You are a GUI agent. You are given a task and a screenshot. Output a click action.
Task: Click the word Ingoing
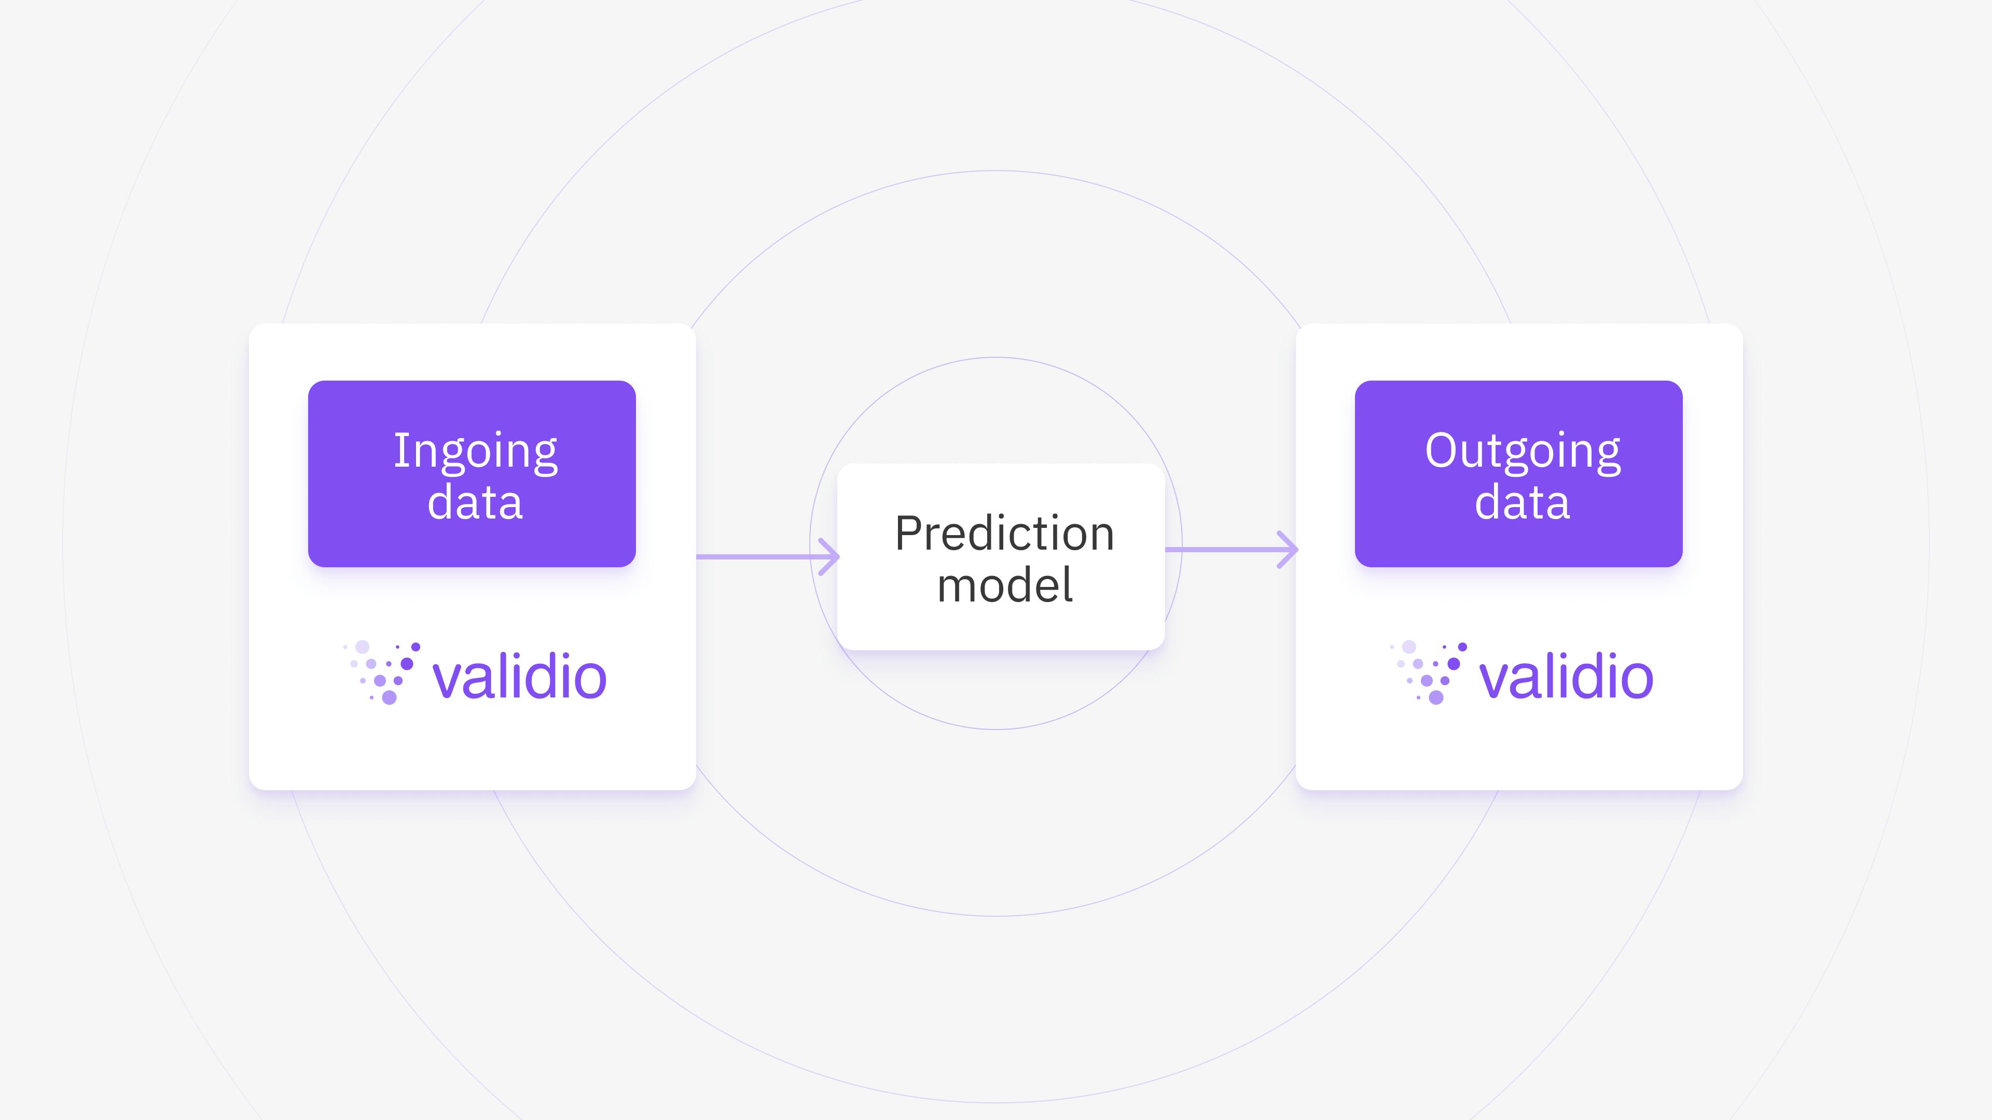tap(476, 453)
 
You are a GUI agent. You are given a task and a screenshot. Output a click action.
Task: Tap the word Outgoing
tap(1523, 453)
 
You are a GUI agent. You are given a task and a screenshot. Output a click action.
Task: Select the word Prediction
tap(1004, 534)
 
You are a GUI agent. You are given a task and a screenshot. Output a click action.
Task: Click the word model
tap(1004, 584)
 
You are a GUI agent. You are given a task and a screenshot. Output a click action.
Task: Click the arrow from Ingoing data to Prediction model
tap(768, 556)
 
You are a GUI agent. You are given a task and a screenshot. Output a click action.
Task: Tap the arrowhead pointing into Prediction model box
tap(831, 556)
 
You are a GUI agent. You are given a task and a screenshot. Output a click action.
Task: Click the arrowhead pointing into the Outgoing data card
tap(1289, 550)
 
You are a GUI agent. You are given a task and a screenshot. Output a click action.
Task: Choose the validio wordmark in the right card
tap(1566, 677)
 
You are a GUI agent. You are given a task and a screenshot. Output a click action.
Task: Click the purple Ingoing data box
tap(472, 474)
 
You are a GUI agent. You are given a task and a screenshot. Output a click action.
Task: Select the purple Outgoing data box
tap(1519, 474)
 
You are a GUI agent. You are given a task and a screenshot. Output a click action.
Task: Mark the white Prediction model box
tap(1001, 556)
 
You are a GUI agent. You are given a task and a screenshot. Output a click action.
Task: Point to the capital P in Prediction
tap(910, 534)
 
